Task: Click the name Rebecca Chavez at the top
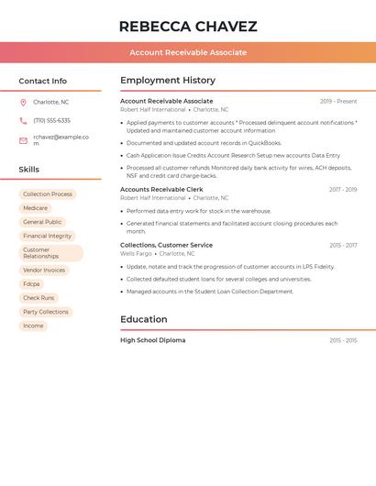coord(188,27)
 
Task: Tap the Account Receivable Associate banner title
coord(188,52)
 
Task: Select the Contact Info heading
coord(43,81)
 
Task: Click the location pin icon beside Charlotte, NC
coord(23,103)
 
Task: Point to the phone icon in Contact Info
coord(23,121)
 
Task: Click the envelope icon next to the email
coord(23,140)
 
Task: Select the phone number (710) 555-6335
coord(51,121)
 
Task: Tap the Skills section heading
coord(29,170)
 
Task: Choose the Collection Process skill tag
coord(48,194)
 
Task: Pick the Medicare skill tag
coord(35,208)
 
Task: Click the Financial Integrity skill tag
coord(47,236)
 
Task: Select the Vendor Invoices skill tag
coord(44,271)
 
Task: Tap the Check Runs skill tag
coord(39,298)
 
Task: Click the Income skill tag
coord(33,326)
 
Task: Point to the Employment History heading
coord(168,81)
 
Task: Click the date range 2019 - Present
coord(338,102)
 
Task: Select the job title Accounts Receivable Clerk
coord(161,190)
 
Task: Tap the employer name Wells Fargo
coord(136,254)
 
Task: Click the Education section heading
coord(144,319)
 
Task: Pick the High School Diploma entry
coord(152,340)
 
